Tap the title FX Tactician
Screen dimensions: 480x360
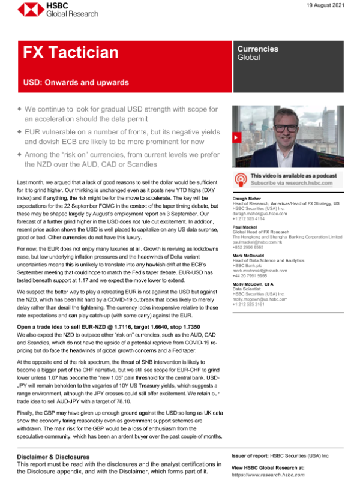[x=70, y=52]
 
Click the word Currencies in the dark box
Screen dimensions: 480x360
[x=257, y=49]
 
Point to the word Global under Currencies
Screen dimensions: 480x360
[x=248, y=58]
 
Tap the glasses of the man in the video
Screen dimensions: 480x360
[x=282, y=128]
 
